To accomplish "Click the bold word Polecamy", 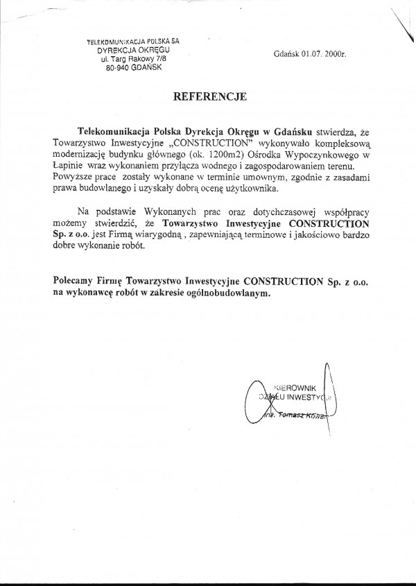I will [x=74, y=282].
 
